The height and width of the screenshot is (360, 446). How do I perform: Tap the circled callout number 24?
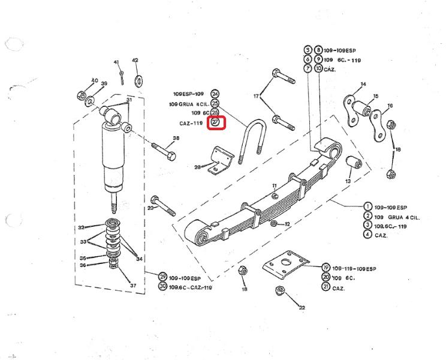[x=215, y=94]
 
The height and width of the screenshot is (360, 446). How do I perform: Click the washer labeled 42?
[x=140, y=79]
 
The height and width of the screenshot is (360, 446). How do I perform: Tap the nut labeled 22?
[x=279, y=292]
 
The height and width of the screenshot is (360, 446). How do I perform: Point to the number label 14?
[x=363, y=84]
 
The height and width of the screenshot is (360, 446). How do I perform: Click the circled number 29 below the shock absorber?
[x=162, y=277]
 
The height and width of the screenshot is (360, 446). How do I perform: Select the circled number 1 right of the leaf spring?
[x=367, y=207]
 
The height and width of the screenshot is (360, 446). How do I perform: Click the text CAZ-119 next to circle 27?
[x=192, y=123]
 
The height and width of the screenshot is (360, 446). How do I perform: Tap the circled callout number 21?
[x=326, y=287]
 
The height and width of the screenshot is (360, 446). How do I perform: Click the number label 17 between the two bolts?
[x=256, y=96]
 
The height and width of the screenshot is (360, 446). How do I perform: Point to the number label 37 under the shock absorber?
[x=133, y=286]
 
